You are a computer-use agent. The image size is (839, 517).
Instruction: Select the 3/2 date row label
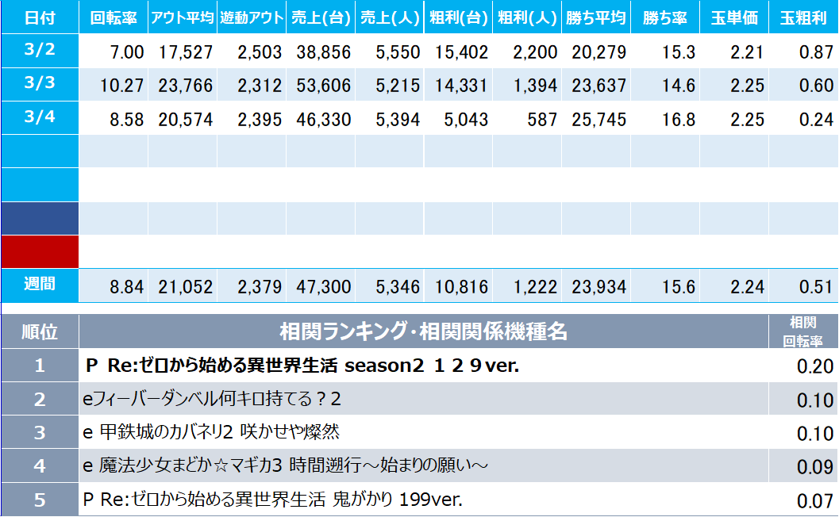coord(40,49)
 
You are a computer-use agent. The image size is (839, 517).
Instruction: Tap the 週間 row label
coord(40,283)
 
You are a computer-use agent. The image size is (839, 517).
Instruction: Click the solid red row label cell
coord(40,251)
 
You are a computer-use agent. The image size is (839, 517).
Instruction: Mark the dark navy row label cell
coord(40,218)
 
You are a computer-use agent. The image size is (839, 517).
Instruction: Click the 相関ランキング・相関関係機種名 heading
coord(423,331)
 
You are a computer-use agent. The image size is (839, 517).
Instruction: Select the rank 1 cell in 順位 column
coord(40,366)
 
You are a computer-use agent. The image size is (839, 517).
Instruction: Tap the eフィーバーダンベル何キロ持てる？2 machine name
coord(213,399)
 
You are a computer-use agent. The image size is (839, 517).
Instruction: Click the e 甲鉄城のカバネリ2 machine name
coord(211,432)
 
